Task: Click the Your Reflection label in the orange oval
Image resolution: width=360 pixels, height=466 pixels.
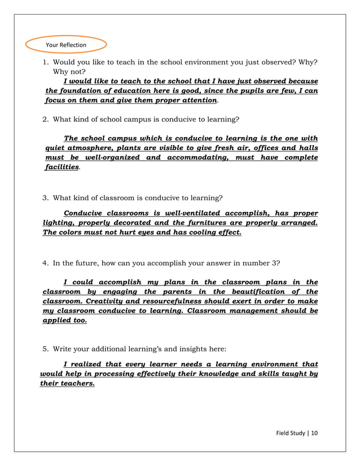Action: (x=65, y=45)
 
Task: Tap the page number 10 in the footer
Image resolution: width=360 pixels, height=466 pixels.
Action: (x=314, y=433)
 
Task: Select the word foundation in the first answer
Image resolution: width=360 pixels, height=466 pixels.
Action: (x=82, y=91)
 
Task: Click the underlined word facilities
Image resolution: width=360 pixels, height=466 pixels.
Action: (x=62, y=168)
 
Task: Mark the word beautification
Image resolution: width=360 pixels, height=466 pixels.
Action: (x=261, y=292)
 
